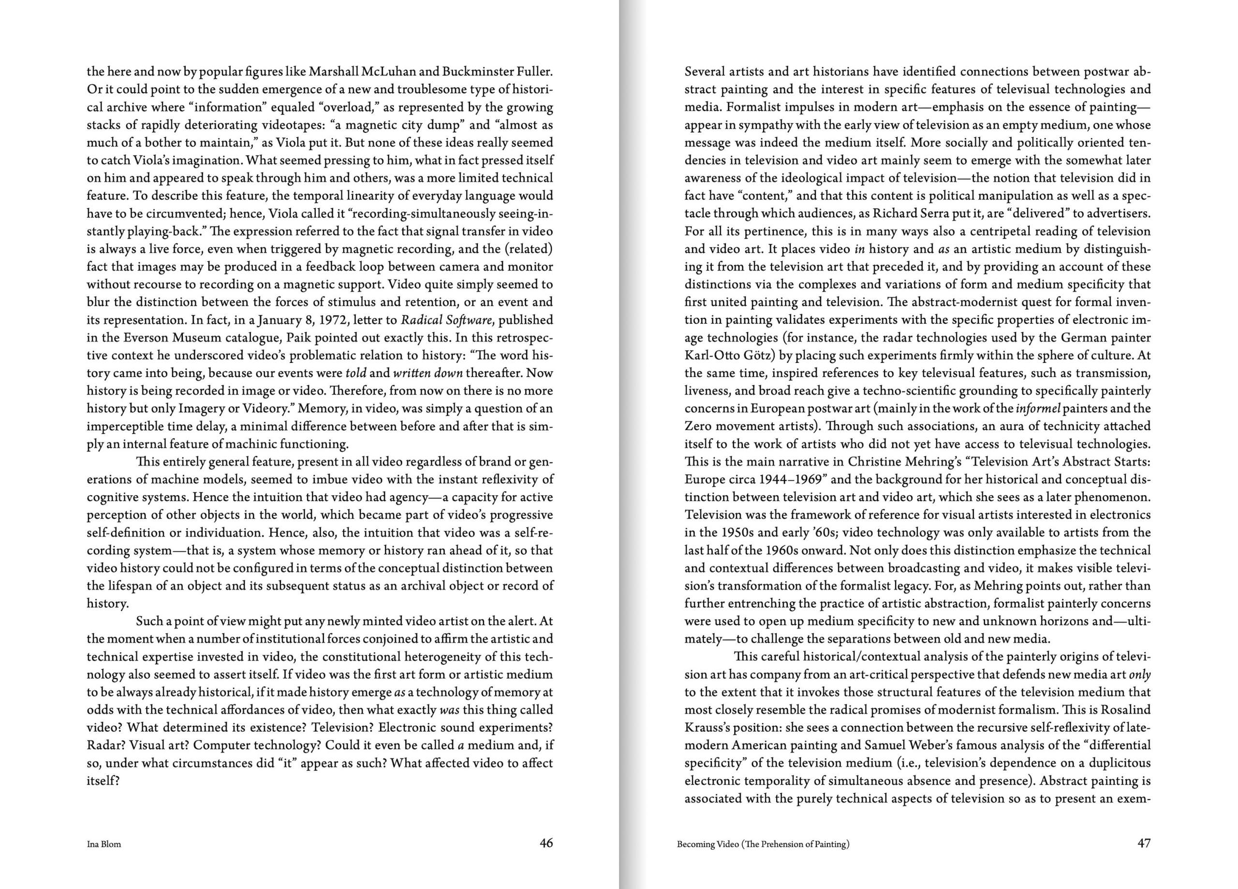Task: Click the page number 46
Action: click(546, 843)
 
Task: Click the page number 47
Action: click(1144, 843)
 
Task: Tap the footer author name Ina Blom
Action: click(103, 844)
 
